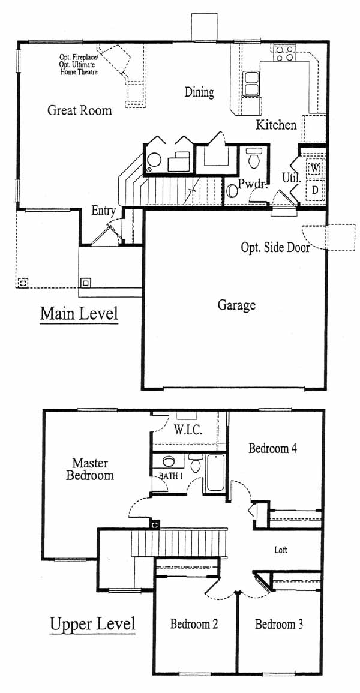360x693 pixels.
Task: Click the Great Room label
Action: pyautogui.click(x=80, y=110)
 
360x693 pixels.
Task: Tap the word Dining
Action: pyautogui.click(x=199, y=92)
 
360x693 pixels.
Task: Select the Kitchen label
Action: pyautogui.click(x=277, y=125)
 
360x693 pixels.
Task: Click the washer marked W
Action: pyautogui.click(x=315, y=169)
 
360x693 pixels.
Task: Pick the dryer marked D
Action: pyautogui.click(x=315, y=190)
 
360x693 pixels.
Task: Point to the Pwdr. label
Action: pyautogui.click(x=253, y=184)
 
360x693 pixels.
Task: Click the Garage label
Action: pyautogui.click(x=236, y=305)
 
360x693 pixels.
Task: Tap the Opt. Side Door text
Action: pyautogui.click(x=275, y=247)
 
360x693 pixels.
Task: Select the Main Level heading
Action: pyautogui.click(x=79, y=314)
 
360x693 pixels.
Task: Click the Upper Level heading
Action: pyautogui.click(x=92, y=625)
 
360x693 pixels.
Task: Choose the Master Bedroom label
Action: pyautogui.click(x=89, y=469)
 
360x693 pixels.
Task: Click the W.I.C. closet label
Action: pyautogui.click(x=188, y=430)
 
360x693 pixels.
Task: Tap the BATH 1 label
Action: pyautogui.click(x=170, y=476)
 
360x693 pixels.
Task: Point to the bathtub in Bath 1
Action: pyautogui.click(x=215, y=472)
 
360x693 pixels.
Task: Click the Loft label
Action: pyautogui.click(x=281, y=550)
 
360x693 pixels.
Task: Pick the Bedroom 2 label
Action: pyautogui.click(x=194, y=624)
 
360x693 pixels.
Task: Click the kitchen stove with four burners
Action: pyautogui.click(x=284, y=53)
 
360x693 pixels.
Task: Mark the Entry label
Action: pyautogui.click(x=103, y=211)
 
